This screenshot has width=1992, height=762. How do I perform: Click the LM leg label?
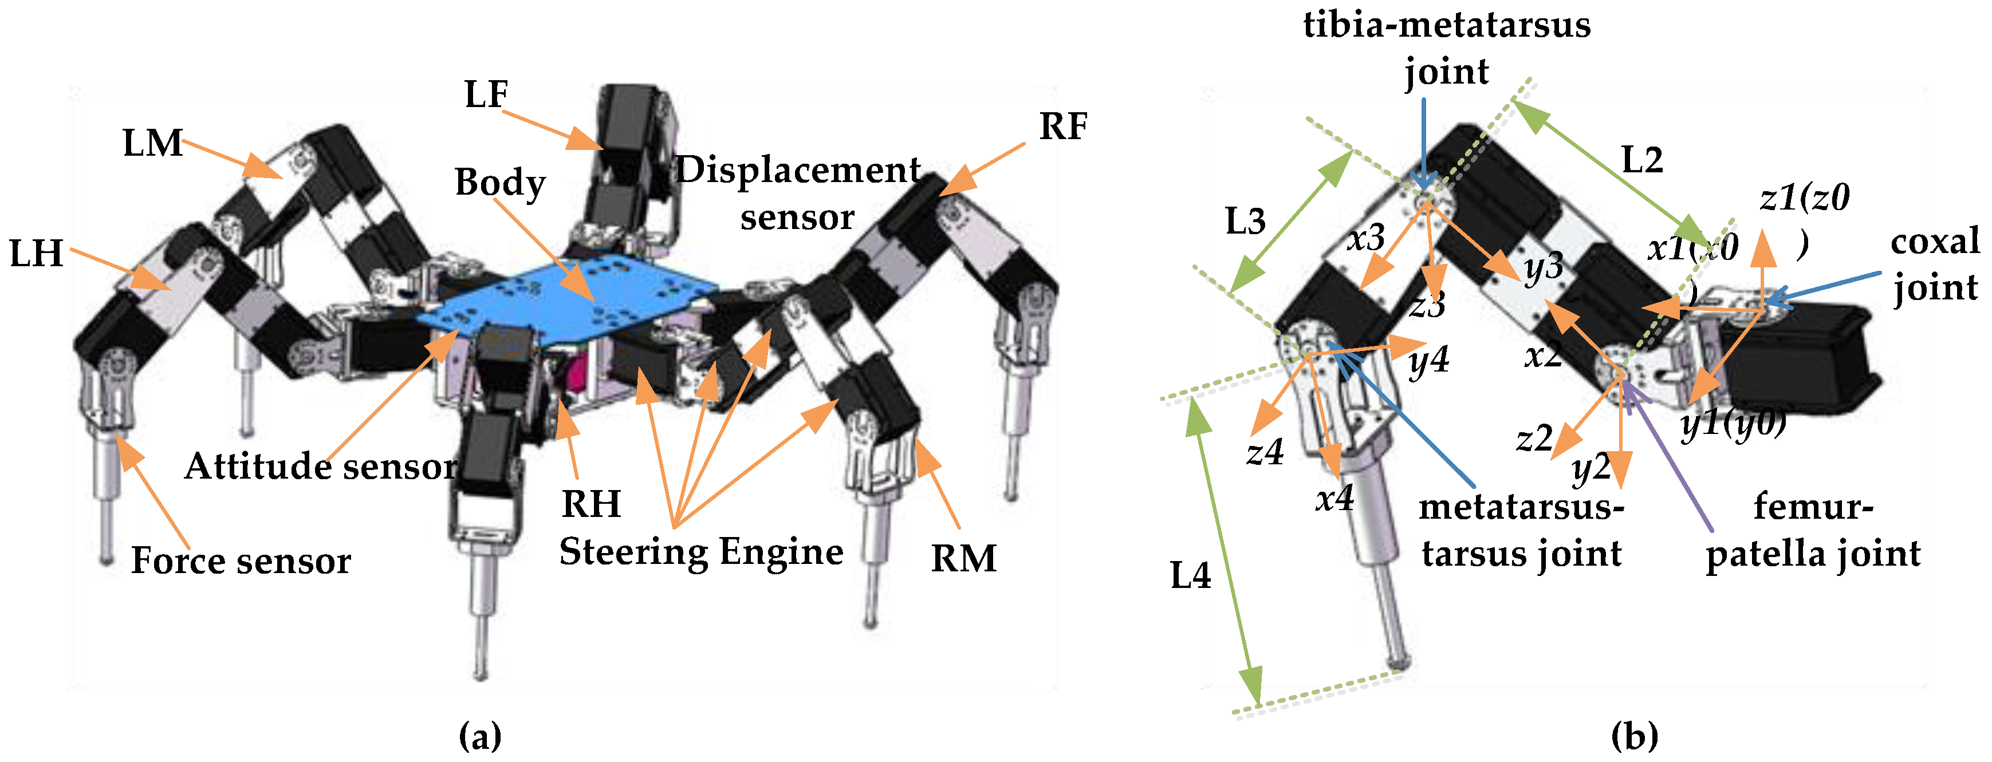tap(152, 144)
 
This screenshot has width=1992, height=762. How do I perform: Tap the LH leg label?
tap(36, 254)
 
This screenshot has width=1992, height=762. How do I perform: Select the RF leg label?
tap(1062, 127)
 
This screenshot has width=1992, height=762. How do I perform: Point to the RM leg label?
tap(963, 558)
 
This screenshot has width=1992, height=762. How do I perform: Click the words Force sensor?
tap(241, 561)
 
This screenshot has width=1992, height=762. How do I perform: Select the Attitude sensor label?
tap(321, 467)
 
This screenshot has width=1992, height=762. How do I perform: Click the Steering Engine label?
tap(700, 552)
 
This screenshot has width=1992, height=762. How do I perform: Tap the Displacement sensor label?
tap(798, 193)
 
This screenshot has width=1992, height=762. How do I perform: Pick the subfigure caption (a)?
tap(480, 736)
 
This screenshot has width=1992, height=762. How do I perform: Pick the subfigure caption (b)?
tap(1634, 736)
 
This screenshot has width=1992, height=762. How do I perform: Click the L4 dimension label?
tap(1190, 577)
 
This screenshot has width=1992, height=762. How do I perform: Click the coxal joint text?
tap(1935, 265)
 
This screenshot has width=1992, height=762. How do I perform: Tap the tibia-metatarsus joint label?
tap(1446, 48)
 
